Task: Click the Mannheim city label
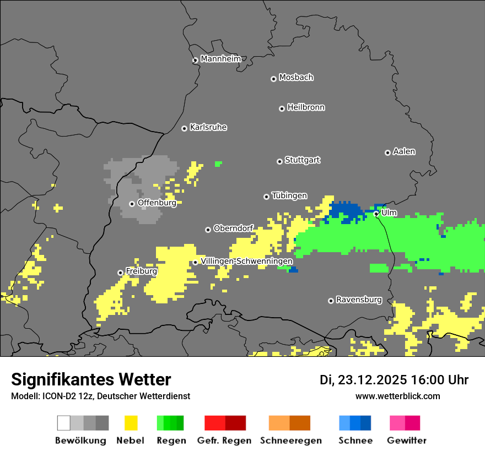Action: tap(221, 59)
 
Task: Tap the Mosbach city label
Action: tap(296, 78)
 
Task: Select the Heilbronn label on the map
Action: tap(306, 107)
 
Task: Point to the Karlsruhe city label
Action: tap(208, 127)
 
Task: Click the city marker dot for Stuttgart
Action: tap(279, 161)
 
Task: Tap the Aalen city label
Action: tap(404, 151)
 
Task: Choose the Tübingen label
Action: tap(289, 195)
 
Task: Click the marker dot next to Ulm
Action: tap(376, 214)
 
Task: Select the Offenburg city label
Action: tap(157, 203)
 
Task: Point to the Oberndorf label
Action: tap(233, 228)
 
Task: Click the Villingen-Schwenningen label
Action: tap(246, 261)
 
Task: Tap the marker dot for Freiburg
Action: tap(120, 273)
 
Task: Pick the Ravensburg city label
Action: tap(359, 300)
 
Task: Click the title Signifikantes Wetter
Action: tap(91, 379)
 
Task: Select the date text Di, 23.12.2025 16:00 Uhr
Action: tap(394, 380)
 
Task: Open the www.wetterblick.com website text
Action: tap(397, 396)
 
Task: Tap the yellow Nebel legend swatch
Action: tap(131, 423)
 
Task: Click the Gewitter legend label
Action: tap(407, 440)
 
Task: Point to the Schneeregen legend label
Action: tap(290, 440)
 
